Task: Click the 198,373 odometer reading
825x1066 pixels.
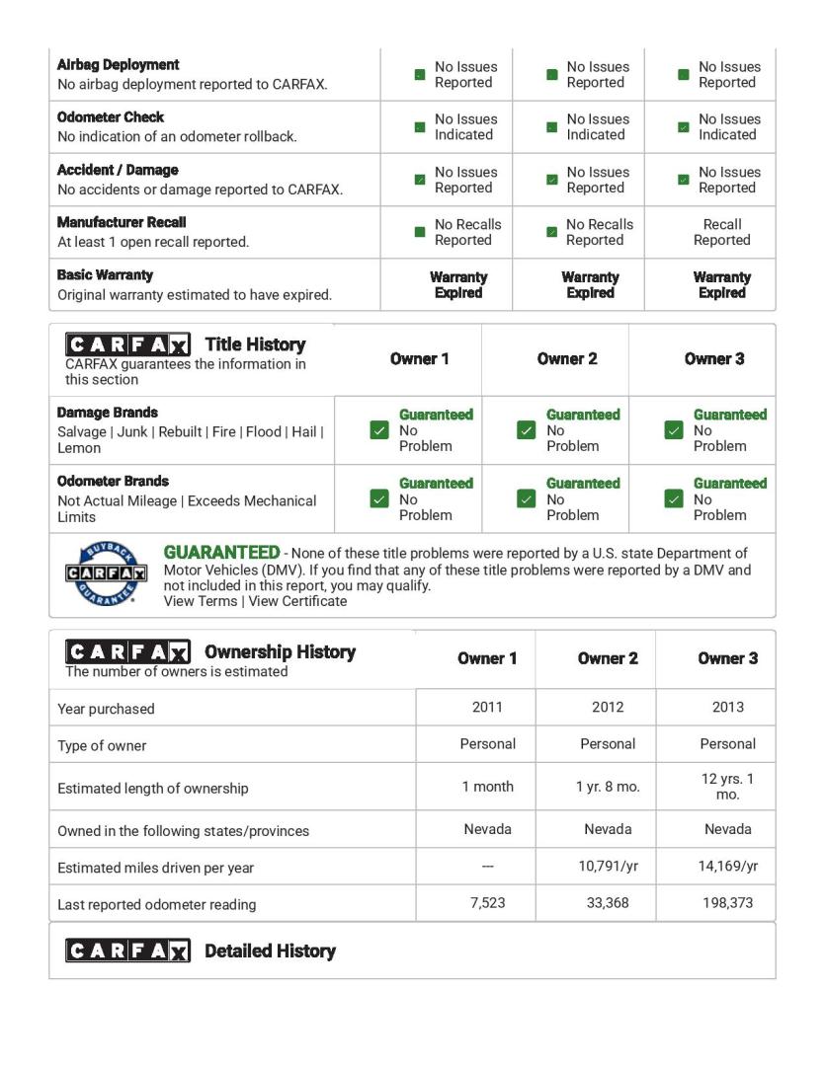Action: click(727, 903)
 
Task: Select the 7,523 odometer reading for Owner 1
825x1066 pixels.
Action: click(487, 903)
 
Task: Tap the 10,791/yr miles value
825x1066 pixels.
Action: click(608, 867)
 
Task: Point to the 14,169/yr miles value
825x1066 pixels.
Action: click(727, 867)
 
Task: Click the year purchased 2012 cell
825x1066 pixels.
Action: click(608, 707)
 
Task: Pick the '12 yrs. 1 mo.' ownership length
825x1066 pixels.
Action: click(727, 787)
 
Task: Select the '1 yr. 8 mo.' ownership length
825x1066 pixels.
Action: click(608, 787)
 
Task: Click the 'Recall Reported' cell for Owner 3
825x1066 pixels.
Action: click(721, 232)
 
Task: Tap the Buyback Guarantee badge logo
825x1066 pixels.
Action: click(106, 573)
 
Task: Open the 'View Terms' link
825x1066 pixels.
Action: click(200, 601)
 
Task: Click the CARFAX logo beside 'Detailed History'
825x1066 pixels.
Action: click(127, 951)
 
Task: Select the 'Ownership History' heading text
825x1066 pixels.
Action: click(280, 652)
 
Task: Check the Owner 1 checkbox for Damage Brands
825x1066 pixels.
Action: click(378, 430)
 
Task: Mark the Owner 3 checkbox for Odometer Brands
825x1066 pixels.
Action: click(674, 498)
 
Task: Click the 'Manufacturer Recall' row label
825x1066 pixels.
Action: click(122, 223)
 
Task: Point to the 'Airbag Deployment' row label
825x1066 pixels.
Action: click(119, 65)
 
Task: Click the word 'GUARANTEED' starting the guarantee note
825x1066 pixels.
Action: click(221, 553)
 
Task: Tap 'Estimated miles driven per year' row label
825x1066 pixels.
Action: click(155, 868)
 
